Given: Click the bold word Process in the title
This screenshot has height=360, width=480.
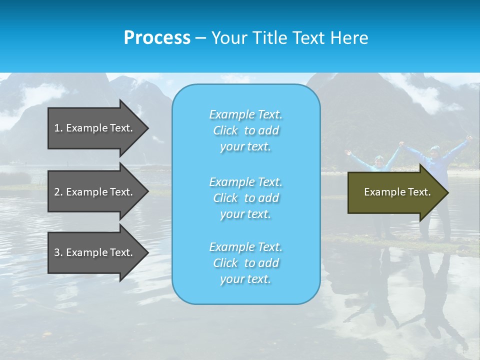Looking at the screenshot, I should [x=157, y=38].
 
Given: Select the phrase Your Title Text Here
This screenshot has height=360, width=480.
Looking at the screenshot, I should [x=289, y=38].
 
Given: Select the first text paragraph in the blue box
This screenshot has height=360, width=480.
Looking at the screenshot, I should [x=245, y=130].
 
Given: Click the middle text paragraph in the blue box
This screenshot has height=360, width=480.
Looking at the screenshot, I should [x=245, y=197].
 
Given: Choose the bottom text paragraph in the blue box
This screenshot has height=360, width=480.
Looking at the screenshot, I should [x=245, y=263].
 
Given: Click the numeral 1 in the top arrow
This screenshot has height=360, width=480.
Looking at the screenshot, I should [x=57, y=128].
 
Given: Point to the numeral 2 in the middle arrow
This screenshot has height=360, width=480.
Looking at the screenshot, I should [x=57, y=192].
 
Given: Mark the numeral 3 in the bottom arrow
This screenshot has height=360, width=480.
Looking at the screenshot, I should [x=57, y=252].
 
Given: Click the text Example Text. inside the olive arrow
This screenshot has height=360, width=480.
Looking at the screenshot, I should [x=397, y=192].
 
